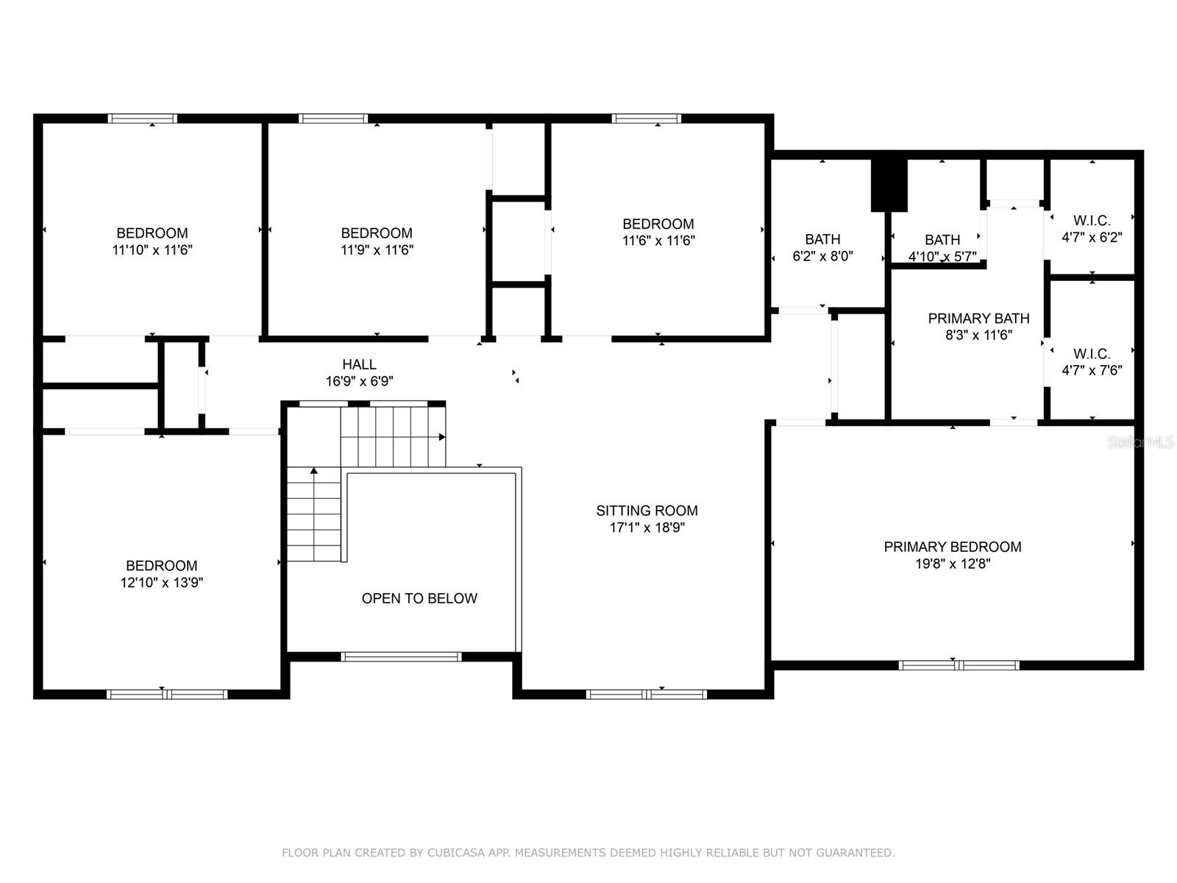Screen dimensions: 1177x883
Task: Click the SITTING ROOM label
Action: (647, 511)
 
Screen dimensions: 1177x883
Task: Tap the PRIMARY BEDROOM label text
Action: (953, 547)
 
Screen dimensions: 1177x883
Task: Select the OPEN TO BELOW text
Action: (419, 598)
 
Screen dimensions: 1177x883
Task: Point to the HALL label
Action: (359, 364)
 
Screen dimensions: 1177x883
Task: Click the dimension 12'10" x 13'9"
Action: (161, 582)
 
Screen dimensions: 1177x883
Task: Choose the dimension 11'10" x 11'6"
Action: (152, 250)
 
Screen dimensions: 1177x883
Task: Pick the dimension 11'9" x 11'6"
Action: (377, 250)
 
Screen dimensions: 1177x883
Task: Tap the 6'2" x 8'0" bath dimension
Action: (822, 256)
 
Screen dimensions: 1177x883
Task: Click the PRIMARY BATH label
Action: (978, 319)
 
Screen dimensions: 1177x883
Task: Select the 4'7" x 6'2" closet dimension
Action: (1092, 237)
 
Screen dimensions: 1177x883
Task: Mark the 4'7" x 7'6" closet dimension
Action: (1092, 370)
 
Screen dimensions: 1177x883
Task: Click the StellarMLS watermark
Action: (1140, 442)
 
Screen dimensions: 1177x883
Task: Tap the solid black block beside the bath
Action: (889, 185)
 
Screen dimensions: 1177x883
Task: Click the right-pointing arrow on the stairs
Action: (442, 437)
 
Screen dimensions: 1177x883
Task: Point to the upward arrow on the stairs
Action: (313, 471)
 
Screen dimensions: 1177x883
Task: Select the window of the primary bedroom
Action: (959, 665)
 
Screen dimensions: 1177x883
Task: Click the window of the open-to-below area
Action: (401, 657)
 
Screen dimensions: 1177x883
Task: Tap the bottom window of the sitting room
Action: (646, 695)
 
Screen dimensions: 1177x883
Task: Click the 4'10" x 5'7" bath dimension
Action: (942, 257)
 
